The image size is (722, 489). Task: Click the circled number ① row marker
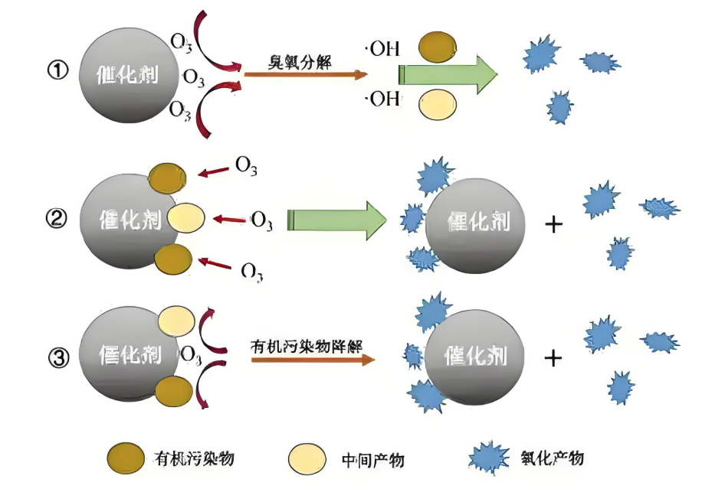click(x=58, y=71)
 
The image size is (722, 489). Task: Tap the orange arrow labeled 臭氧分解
click(x=305, y=74)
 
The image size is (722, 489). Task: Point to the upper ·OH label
click(x=382, y=51)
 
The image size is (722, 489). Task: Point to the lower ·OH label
click(x=382, y=99)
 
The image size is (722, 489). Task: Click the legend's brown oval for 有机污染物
click(x=126, y=458)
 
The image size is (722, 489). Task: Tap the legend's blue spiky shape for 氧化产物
click(x=491, y=458)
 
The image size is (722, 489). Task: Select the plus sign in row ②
click(x=553, y=223)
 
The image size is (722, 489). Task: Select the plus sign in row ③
click(x=553, y=358)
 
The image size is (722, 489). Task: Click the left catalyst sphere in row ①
click(x=126, y=75)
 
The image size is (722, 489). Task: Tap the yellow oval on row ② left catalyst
click(x=186, y=218)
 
